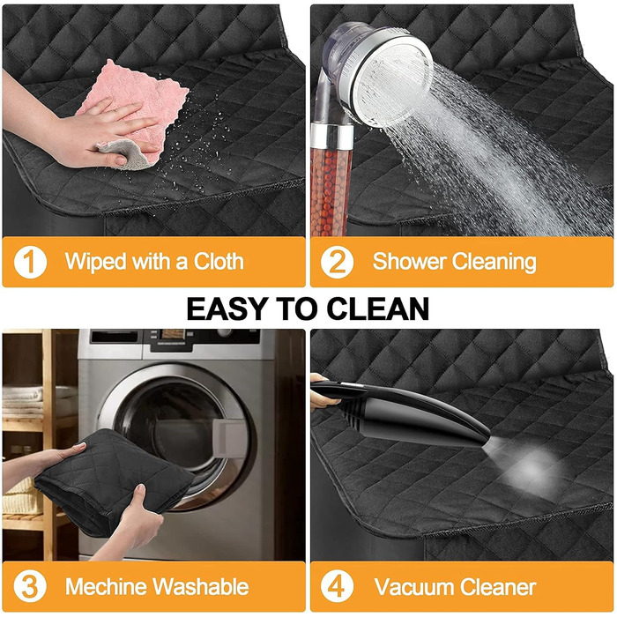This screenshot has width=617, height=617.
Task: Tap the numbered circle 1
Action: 30,262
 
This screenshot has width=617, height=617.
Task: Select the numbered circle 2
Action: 337,262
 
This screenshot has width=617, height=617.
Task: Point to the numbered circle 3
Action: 30,587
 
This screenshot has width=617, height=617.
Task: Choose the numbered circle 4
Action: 337,587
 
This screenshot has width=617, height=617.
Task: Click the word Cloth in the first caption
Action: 219,261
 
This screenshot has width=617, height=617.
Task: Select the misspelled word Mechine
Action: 107,586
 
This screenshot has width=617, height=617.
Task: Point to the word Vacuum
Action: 414,587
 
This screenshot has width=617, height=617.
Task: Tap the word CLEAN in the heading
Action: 378,308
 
